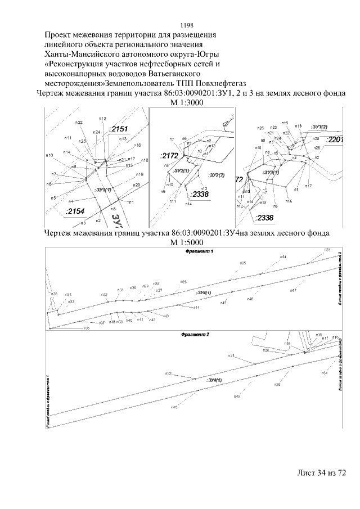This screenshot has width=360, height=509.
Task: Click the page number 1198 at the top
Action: (x=186, y=25)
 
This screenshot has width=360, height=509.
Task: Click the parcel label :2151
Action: (x=119, y=129)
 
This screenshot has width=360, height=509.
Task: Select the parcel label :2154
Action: (x=74, y=211)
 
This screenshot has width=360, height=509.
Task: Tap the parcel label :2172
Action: (x=169, y=155)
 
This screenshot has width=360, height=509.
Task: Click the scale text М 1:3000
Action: (x=186, y=103)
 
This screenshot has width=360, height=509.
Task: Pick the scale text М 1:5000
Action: (x=186, y=242)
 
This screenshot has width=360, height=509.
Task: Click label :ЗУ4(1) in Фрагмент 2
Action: (x=214, y=380)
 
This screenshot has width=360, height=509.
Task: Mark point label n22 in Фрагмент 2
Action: (x=168, y=373)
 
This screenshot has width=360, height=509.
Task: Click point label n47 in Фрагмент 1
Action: (x=293, y=290)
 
